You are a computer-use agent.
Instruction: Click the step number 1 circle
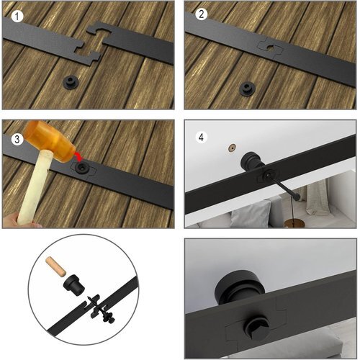point(17,17)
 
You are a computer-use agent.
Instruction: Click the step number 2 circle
point(201,14)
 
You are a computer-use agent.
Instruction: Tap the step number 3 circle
point(17,139)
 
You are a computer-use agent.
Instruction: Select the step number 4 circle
point(201,138)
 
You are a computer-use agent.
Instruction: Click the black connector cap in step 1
point(71,82)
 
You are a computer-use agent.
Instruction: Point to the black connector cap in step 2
point(248,89)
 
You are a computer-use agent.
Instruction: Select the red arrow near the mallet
point(78,156)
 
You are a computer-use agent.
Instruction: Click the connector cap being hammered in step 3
point(82,167)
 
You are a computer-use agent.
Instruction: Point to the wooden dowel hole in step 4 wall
point(232,148)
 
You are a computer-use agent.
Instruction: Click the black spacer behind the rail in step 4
point(251,160)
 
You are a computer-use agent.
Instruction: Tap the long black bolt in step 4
point(283,187)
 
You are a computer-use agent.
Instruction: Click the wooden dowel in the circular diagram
point(55,266)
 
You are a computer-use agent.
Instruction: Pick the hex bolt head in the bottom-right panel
point(257,327)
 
